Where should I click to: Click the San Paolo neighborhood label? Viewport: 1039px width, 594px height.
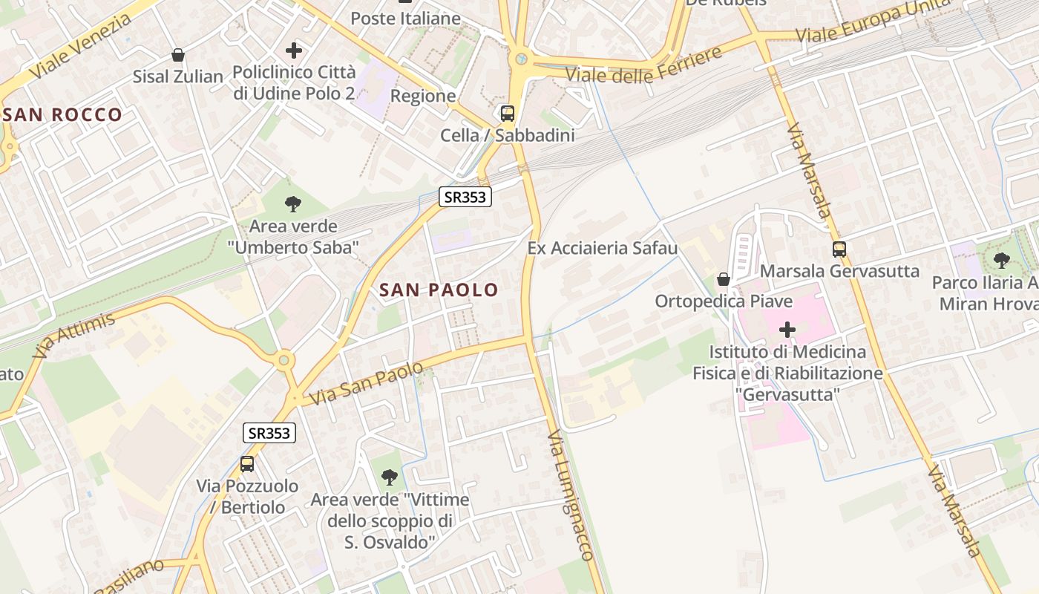(439, 290)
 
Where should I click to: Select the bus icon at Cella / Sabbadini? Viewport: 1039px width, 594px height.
(508, 114)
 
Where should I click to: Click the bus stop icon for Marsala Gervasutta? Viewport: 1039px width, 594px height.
(839, 249)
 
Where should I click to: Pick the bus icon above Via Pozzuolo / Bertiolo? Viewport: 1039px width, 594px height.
(247, 464)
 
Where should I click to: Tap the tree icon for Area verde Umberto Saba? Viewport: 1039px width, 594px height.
(293, 203)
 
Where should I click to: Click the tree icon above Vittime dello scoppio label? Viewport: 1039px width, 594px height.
(390, 477)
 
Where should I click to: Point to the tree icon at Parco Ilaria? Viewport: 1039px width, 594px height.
(1002, 261)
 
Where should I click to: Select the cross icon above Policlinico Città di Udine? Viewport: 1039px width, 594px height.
(294, 50)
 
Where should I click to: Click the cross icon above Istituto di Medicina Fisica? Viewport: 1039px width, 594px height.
(787, 329)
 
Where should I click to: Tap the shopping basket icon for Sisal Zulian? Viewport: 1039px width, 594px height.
(178, 55)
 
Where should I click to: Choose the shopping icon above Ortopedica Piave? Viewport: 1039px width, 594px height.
(723, 279)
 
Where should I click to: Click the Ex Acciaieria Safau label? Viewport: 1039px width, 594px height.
(603, 248)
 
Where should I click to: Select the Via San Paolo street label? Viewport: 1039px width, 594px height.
(366, 383)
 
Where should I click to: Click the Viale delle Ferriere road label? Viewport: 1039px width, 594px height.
(643, 66)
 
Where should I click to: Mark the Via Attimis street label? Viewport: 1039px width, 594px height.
(74, 336)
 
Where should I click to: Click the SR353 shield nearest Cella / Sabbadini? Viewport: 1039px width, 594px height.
(465, 197)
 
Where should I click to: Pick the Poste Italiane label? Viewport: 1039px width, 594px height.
(405, 19)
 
